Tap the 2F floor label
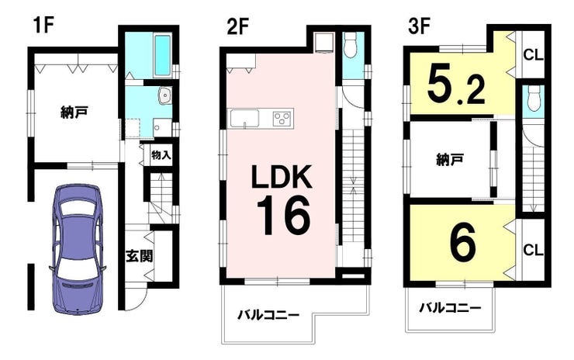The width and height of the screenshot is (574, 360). point(238,26)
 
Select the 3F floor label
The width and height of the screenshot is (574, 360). point(420,26)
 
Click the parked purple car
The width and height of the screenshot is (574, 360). point(77,249)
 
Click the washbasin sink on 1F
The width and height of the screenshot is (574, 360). point(164,95)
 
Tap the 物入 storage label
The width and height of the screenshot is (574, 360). point(161,155)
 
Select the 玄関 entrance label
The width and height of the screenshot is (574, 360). point(139,256)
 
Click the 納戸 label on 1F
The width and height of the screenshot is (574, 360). point(74,112)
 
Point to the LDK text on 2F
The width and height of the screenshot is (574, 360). point(281,177)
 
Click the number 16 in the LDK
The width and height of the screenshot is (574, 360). point(283,215)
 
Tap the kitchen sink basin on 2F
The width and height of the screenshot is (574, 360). point(244,118)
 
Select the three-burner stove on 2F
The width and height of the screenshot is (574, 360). point(282,118)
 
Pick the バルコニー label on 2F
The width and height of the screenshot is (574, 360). point(268,314)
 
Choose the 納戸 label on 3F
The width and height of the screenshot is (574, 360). point(450,159)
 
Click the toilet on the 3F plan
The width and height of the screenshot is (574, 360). point(534,99)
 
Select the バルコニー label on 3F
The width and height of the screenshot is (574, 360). point(450,308)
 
